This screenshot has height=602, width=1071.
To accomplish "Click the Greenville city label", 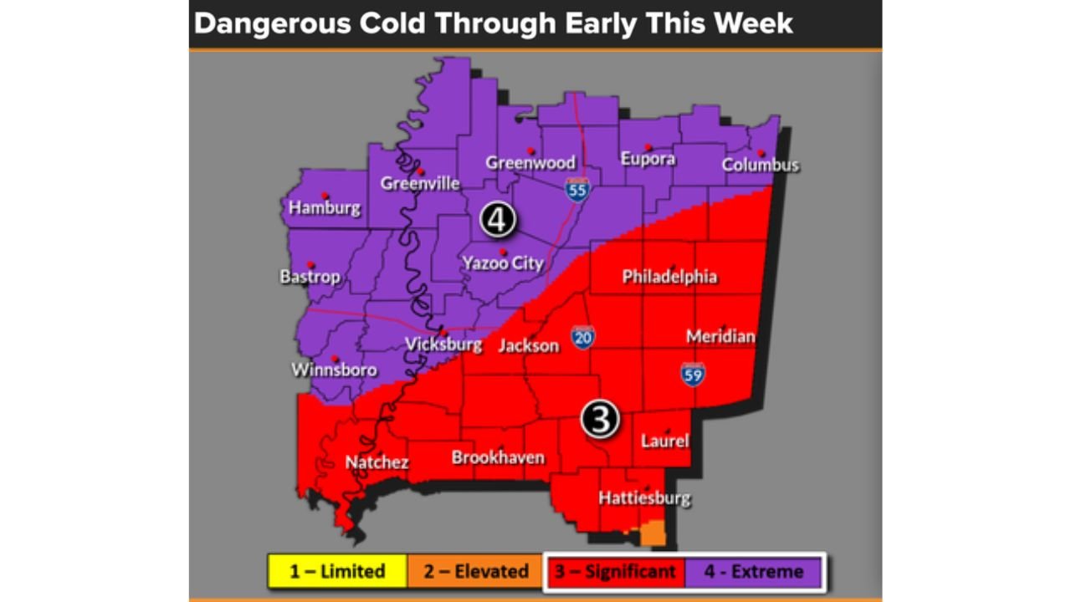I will (x=420, y=183).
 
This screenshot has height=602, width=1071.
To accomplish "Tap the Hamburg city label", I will (x=325, y=208).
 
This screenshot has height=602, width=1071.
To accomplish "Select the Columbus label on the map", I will (x=761, y=165).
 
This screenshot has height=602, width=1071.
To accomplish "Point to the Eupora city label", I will (x=648, y=158).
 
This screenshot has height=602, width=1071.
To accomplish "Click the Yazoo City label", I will (x=503, y=263).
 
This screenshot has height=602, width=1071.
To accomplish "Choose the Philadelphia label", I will (x=669, y=277).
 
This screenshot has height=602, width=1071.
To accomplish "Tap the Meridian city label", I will (x=720, y=336).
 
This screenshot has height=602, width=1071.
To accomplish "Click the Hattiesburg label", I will (x=644, y=498).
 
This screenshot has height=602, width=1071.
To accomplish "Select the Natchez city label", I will (x=377, y=462).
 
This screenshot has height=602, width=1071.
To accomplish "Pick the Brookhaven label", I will (x=498, y=457).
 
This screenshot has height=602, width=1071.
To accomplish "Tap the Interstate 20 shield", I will (x=584, y=337).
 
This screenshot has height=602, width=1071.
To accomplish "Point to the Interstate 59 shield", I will (x=692, y=374).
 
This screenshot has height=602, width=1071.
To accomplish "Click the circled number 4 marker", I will (x=497, y=220).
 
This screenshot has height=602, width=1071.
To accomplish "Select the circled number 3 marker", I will (x=600, y=418).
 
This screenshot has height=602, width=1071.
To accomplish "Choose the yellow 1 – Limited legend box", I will (x=337, y=572).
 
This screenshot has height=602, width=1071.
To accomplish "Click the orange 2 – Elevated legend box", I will (x=475, y=572).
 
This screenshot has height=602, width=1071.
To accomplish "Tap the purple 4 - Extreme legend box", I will (x=753, y=572).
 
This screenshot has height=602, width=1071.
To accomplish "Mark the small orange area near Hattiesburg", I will (x=653, y=534).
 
